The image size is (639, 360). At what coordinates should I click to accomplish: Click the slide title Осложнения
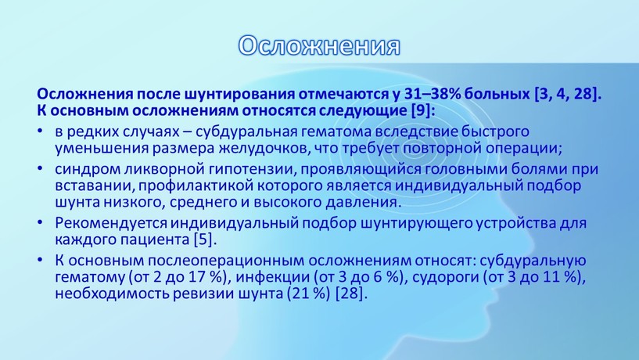coord(319,45)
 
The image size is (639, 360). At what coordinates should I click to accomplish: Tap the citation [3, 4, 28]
coord(568,95)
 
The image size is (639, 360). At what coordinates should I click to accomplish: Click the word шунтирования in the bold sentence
coord(239,95)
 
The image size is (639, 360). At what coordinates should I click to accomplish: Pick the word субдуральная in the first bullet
coord(256,131)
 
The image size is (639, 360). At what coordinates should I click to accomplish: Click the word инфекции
coord(273,277)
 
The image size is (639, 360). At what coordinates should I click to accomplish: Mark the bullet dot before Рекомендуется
coord(40,222)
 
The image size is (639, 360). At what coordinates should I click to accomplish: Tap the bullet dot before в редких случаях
coord(40,131)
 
